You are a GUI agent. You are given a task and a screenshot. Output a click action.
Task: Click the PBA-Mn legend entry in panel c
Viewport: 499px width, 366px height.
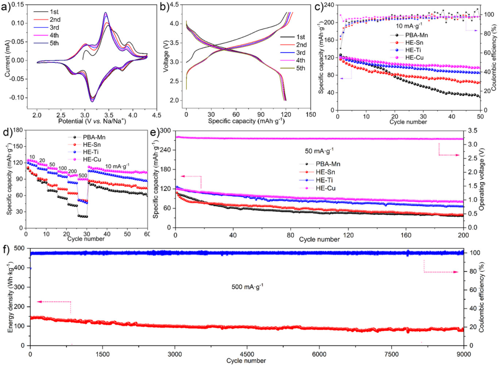tap(415, 35)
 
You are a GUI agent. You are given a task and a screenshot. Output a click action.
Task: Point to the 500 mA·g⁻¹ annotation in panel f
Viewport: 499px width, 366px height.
tap(248, 287)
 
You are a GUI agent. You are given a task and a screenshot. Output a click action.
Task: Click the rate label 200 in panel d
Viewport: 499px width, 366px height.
tap(72, 172)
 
